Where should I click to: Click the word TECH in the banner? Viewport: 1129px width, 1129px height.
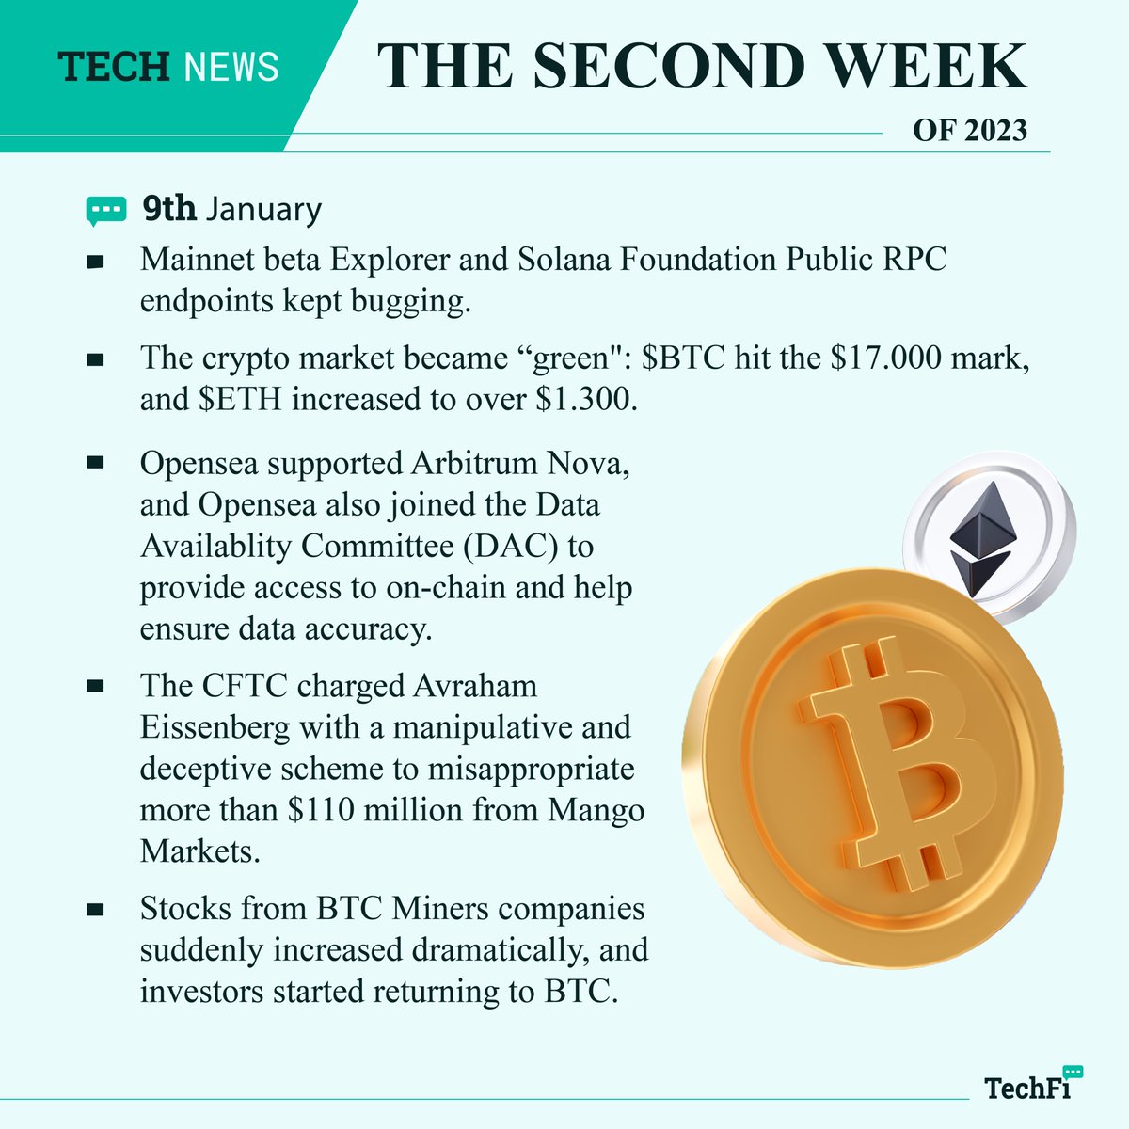pyautogui.click(x=113, y=67)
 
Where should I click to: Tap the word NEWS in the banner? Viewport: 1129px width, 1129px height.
pyautogui.click(x=231, y=67)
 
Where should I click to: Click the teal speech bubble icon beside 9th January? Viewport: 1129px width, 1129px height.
pyautogui.click(x=105, y=210)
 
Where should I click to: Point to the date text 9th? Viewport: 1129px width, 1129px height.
pyautogui.click(x=169, y=208)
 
